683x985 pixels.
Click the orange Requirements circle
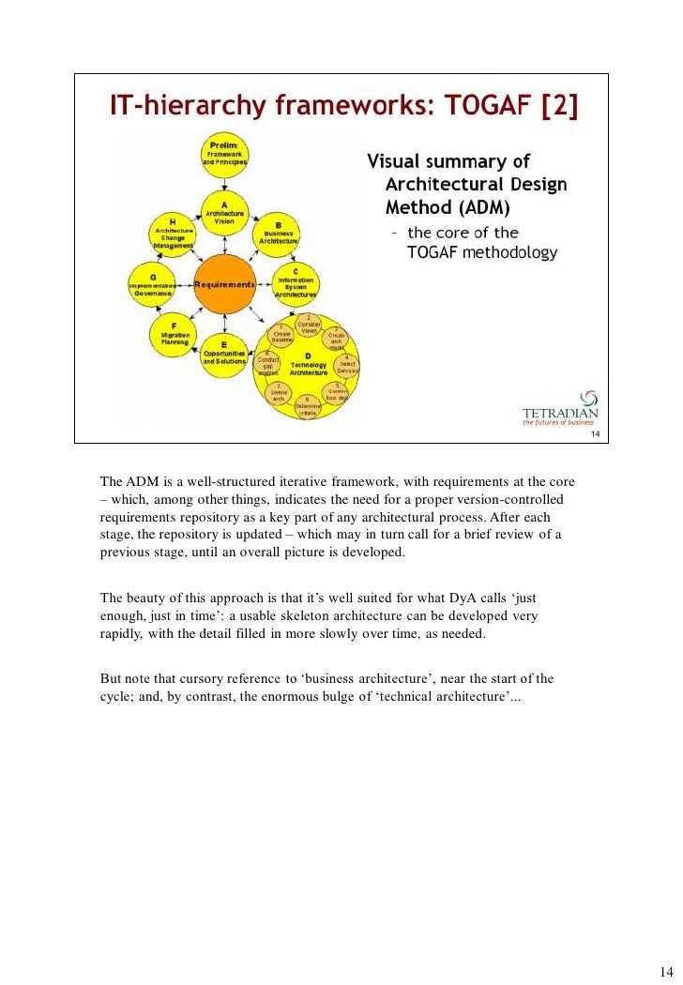(224, 283)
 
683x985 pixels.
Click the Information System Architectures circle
(296, 285)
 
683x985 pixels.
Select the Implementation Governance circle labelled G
(153, 285)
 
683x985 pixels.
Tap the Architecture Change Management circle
(174, 235)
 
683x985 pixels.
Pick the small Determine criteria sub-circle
(308, 406)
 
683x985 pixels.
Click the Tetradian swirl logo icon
(588, 398)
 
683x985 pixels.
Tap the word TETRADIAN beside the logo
(559, 412)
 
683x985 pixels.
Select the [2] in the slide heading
(560, 110)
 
